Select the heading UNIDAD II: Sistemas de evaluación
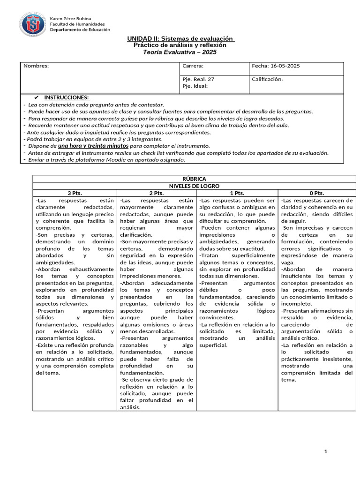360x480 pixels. click(x=180, y=38)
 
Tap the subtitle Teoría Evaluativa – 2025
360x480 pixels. click(x=180, y=52)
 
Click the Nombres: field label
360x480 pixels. click(x=36, y=66)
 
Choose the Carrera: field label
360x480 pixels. click(x=193, y=66)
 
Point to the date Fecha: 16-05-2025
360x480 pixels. click(x=276, y=66)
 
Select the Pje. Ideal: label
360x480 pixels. click(x=195, y=86)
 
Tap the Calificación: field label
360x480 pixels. click(x=267, y=79)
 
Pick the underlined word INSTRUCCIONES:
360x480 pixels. click(x=67, y=97)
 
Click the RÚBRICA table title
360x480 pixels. click(x=194, y=179)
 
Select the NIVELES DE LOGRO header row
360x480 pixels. click(x=194, y=186)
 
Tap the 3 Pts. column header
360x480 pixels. click(x=75, y=193)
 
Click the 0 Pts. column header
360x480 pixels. click(x=317, y=193)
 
